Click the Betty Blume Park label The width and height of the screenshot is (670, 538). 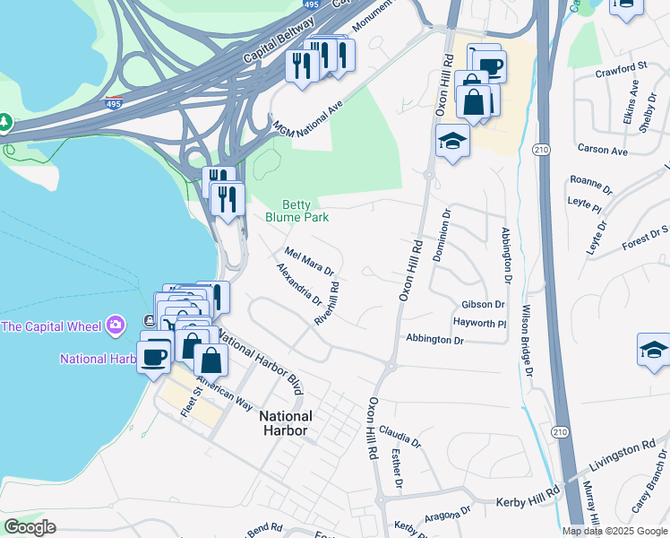(x=296, y=211)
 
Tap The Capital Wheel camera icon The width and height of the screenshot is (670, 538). (x=116, y=324)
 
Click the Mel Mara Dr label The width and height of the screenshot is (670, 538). (x=308, y=259)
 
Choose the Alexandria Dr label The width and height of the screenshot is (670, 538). (x=298, y=283)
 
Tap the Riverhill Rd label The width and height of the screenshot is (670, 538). (x=327, y=304)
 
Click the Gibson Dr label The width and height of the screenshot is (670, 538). (x=484, y=305)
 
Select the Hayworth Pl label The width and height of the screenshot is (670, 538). (x=480, y=321)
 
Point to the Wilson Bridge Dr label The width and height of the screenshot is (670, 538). (x=523, y=341)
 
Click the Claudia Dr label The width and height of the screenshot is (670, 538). (x=399, y=437)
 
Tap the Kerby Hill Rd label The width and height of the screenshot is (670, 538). (x=528, y=491)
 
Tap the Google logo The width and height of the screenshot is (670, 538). (x=30, y=527)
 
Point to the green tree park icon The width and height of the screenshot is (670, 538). (x=6, y=121)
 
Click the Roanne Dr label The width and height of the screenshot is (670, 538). (x=590, y=180)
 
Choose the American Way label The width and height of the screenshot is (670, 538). (x=220, y=389)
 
